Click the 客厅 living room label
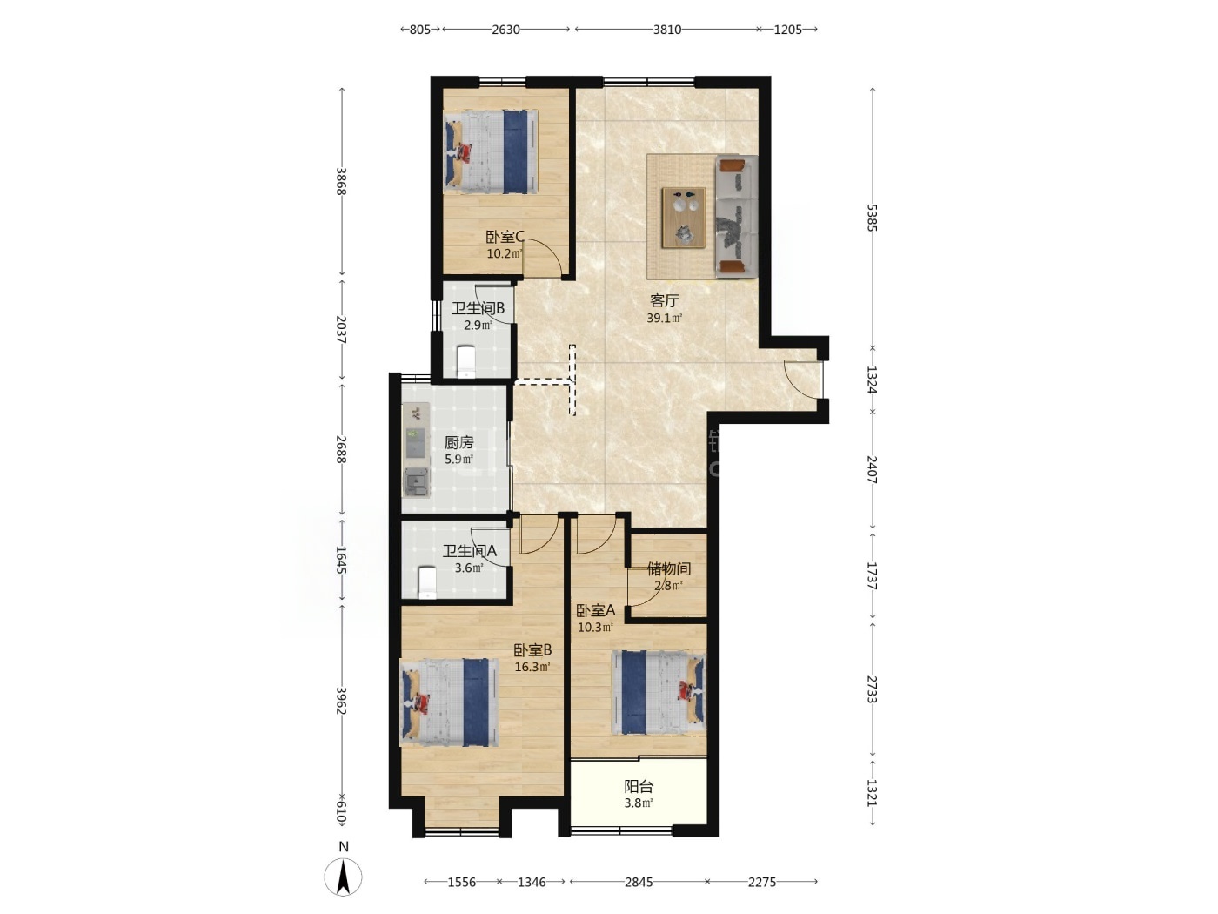coord(664,301)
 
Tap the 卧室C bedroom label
coord(505,237)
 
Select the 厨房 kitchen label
coord(458,442)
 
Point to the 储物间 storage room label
coord(669,568)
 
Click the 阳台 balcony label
coord(639,786)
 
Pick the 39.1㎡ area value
coord(664,318)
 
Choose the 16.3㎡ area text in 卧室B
coord(532,667)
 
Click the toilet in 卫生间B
coord(465,362)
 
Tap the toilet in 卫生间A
coord(427,582)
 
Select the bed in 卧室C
coord(491,151)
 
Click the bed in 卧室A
coord(658,693)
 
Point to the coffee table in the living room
coord(684,217)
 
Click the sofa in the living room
coord(736,217)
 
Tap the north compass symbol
coord(344,877)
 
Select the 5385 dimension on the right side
coord(872,218)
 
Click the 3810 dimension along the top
coord(666,30)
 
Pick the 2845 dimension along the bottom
coord(639,882)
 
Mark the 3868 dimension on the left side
coord(341,181)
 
